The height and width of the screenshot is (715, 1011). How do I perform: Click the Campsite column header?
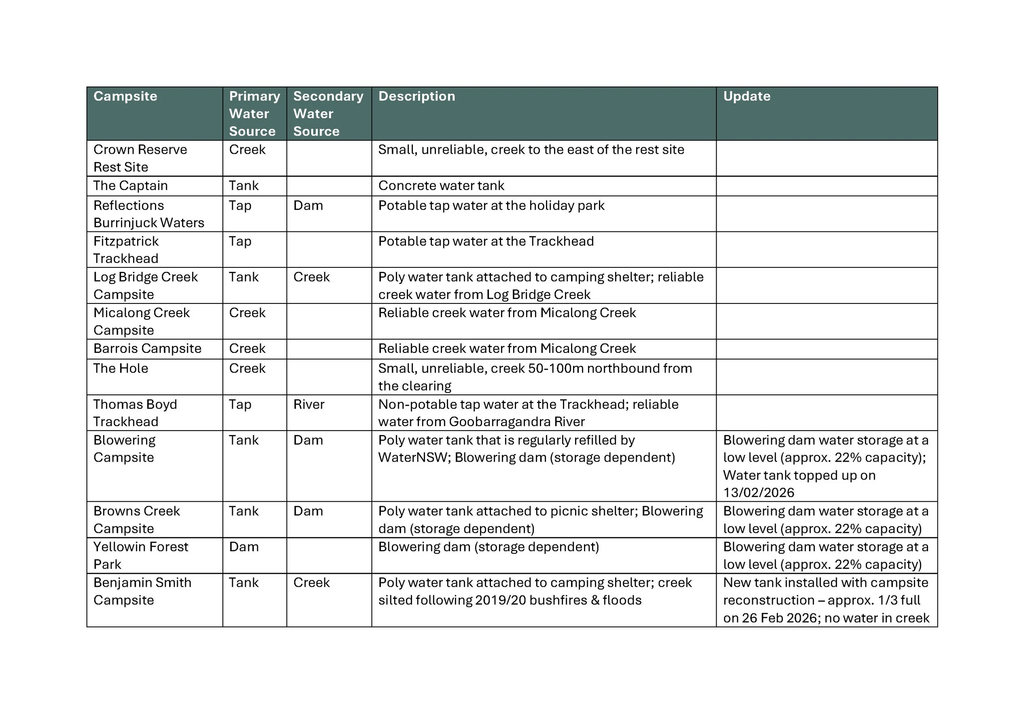[x=125, y=96]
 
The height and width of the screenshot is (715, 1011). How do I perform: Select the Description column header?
[x=416, y=96]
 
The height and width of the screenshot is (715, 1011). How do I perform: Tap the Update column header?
[x=747, y=96]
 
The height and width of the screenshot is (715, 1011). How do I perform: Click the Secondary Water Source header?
[x=328, y=113]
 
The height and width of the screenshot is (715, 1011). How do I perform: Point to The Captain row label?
[x=130, y=185]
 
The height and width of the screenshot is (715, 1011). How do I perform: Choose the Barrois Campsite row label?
[x=147, y=348]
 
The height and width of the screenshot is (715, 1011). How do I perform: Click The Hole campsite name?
[x=121, y=368]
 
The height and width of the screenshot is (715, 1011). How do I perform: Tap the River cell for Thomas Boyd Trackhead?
[x=309, y=404]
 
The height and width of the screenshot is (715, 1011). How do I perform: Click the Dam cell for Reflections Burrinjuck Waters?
[x=308, y=205]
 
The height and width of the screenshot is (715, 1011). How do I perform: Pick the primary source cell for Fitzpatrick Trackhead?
[x=240, y=242]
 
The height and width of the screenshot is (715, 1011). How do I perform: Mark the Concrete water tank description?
[x=441, y=185]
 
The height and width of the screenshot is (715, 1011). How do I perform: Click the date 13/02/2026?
[x=758, y=492]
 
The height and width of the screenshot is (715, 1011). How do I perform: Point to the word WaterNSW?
[x=412, y=457]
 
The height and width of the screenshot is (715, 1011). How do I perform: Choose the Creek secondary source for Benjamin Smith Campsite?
[x=311, y=582]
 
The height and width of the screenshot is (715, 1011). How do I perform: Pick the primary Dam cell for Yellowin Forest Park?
[x=243, y=547]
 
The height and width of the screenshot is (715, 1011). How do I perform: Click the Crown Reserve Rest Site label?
[x=140, y=158]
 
